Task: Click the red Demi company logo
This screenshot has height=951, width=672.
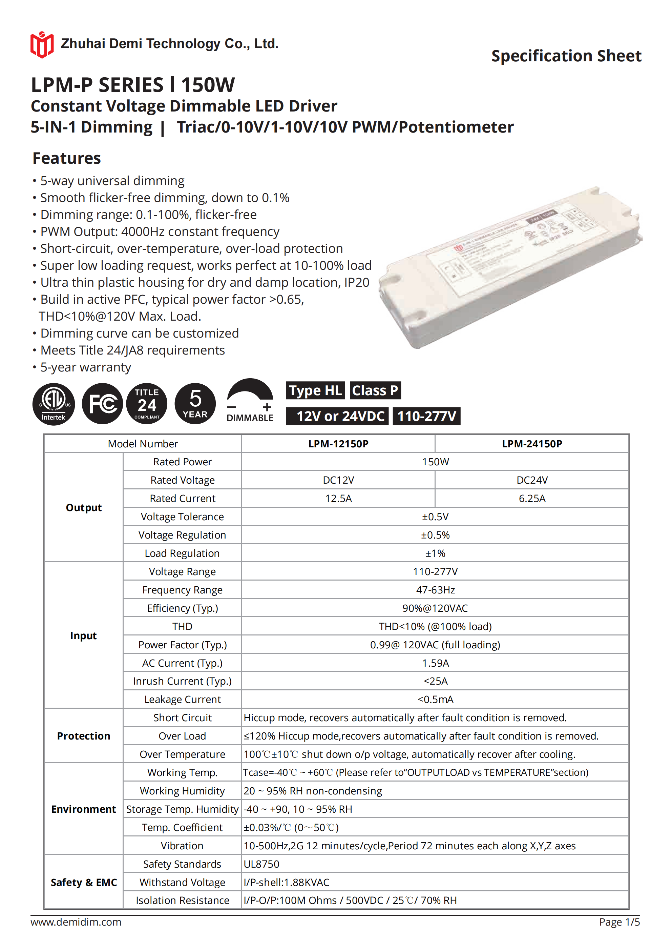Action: click(x=42, y=45)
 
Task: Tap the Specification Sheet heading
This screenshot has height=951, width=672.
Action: click(x=566, y=56)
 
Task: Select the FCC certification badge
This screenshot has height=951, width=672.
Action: click(x=102, y=403)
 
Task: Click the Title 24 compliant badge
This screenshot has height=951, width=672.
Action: click(x=147, y=403)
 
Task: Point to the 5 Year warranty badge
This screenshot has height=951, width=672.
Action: click(x=195, y=403)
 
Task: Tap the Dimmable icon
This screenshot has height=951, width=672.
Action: click(x=250, y=401)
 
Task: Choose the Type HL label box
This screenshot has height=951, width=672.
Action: click(x=315, y=390)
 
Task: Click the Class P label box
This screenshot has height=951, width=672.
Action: click(x=375, y=390)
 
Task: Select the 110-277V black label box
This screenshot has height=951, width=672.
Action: click(x=427, y=416)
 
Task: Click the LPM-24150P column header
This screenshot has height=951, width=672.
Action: click(x=532, y=444)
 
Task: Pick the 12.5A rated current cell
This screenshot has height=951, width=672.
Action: click(x=338, y=498)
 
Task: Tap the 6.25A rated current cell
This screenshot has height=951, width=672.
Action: click(x=532, y=498)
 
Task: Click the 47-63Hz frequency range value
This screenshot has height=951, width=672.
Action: click(x=435, y=590)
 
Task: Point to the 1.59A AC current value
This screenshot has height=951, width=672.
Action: click(x=435, y=663)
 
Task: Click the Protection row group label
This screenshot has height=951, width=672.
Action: click(x=84, y=736)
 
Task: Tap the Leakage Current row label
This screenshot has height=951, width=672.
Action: click(x=182, y=699)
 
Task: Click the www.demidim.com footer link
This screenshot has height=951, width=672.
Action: click(x=76, y=922)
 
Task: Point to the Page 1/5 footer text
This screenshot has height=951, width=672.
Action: click(x=619, y=922)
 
